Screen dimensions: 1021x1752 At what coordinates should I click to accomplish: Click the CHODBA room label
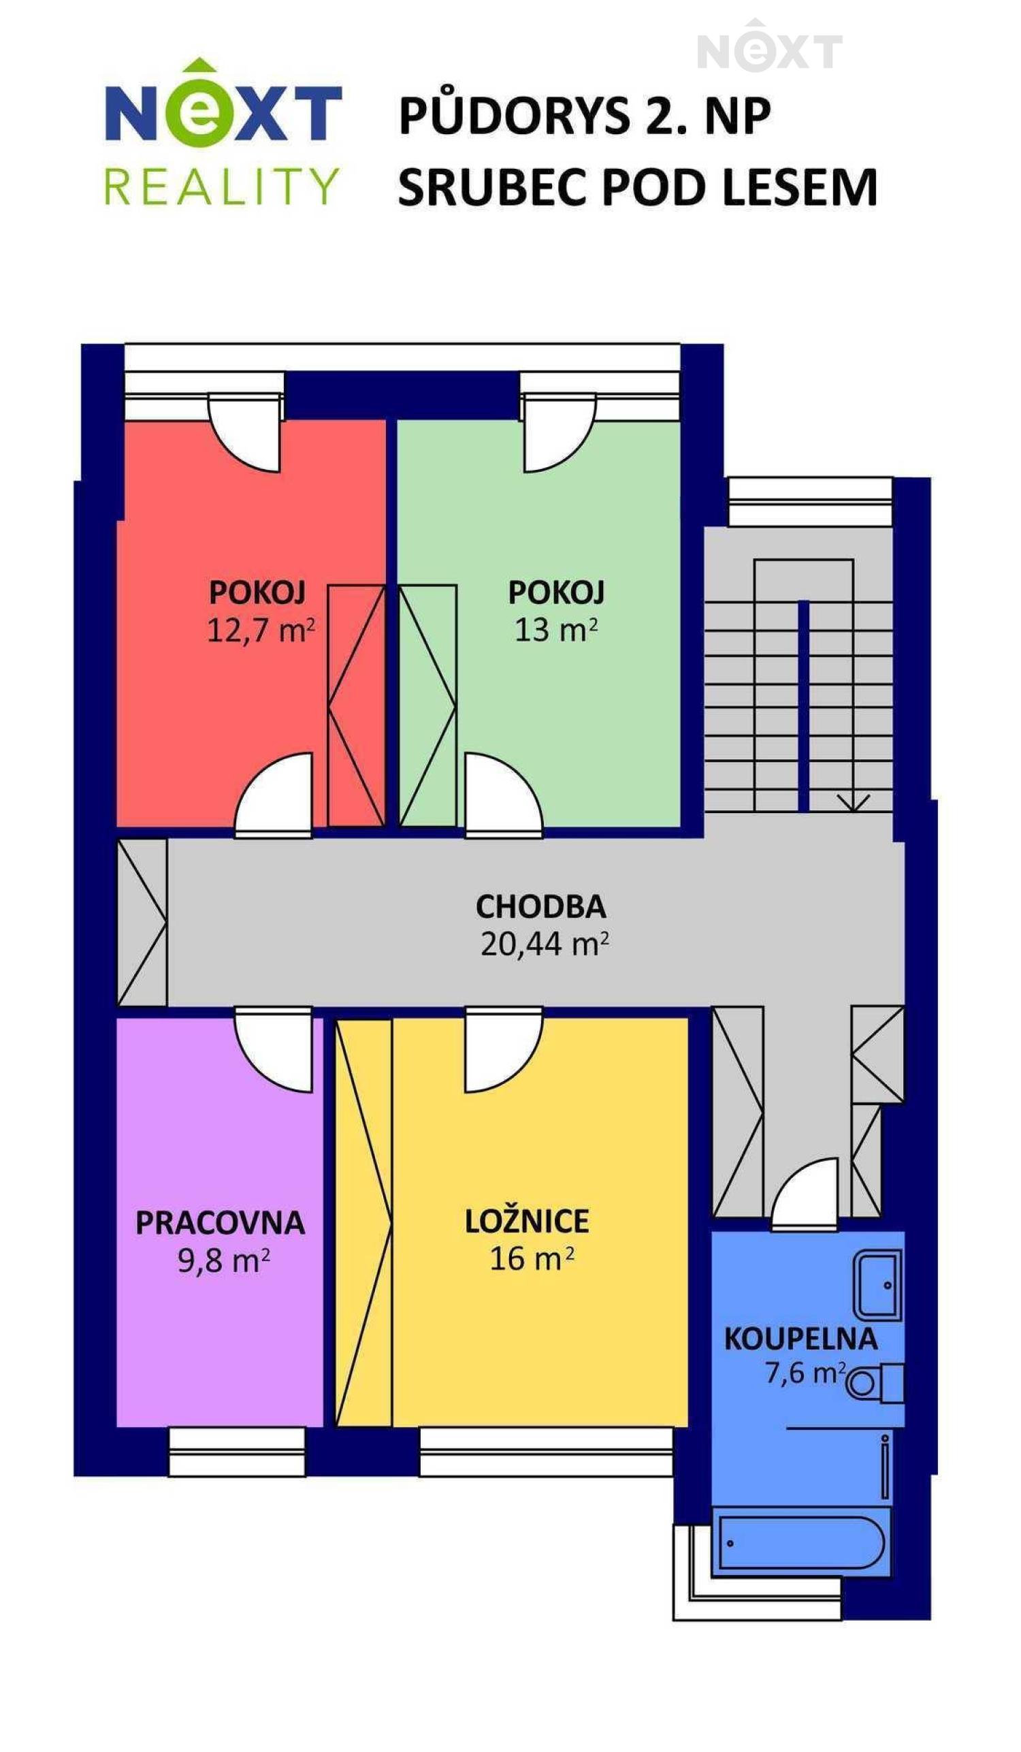[x=540, y=906]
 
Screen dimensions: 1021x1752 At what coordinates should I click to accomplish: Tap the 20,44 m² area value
[x=545, y=944]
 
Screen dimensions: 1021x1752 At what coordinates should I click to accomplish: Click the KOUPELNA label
[x=800, y=1339]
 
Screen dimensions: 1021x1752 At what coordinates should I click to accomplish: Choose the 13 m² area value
[x=556, y=630]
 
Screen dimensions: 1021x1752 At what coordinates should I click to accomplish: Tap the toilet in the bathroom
[x=875, y=1383]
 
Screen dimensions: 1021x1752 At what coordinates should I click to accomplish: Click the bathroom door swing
[x=805, y=1196]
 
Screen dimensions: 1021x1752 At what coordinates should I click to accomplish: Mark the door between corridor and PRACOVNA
[x=273, y=1051]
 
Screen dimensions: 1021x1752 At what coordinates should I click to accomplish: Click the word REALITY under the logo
[x=221, y=187]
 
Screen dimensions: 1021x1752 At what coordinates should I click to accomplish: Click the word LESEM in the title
[x=799, y=187]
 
